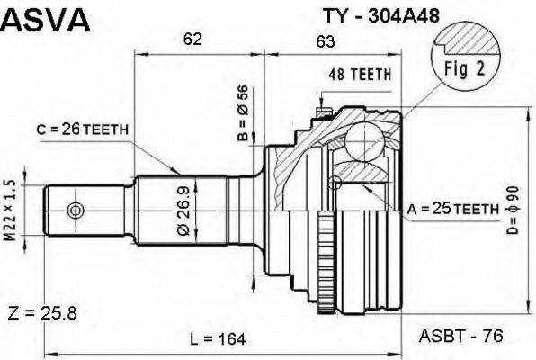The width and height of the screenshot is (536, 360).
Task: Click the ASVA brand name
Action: (45, 20)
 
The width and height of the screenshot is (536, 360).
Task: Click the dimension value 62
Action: (192, 39)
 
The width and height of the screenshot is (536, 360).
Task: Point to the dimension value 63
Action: (326, 39)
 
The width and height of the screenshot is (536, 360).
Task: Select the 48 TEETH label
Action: (358, 76)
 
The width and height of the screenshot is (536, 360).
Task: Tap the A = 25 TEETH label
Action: (453, 209)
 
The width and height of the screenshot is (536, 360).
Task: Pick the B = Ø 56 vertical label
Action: (241, 114)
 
